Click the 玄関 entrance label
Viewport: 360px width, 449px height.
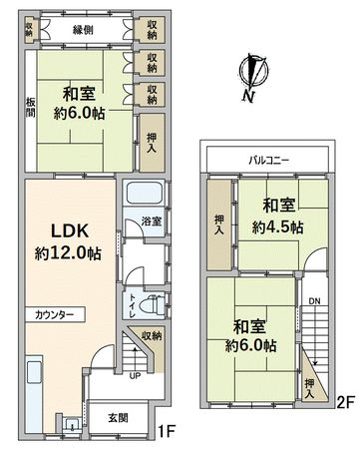pyautogui.click(x=118, y=419)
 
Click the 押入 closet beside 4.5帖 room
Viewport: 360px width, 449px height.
pyautogui.click(x=218, y=224)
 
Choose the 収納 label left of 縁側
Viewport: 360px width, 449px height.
pyautogui.click(x=29, y=29)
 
